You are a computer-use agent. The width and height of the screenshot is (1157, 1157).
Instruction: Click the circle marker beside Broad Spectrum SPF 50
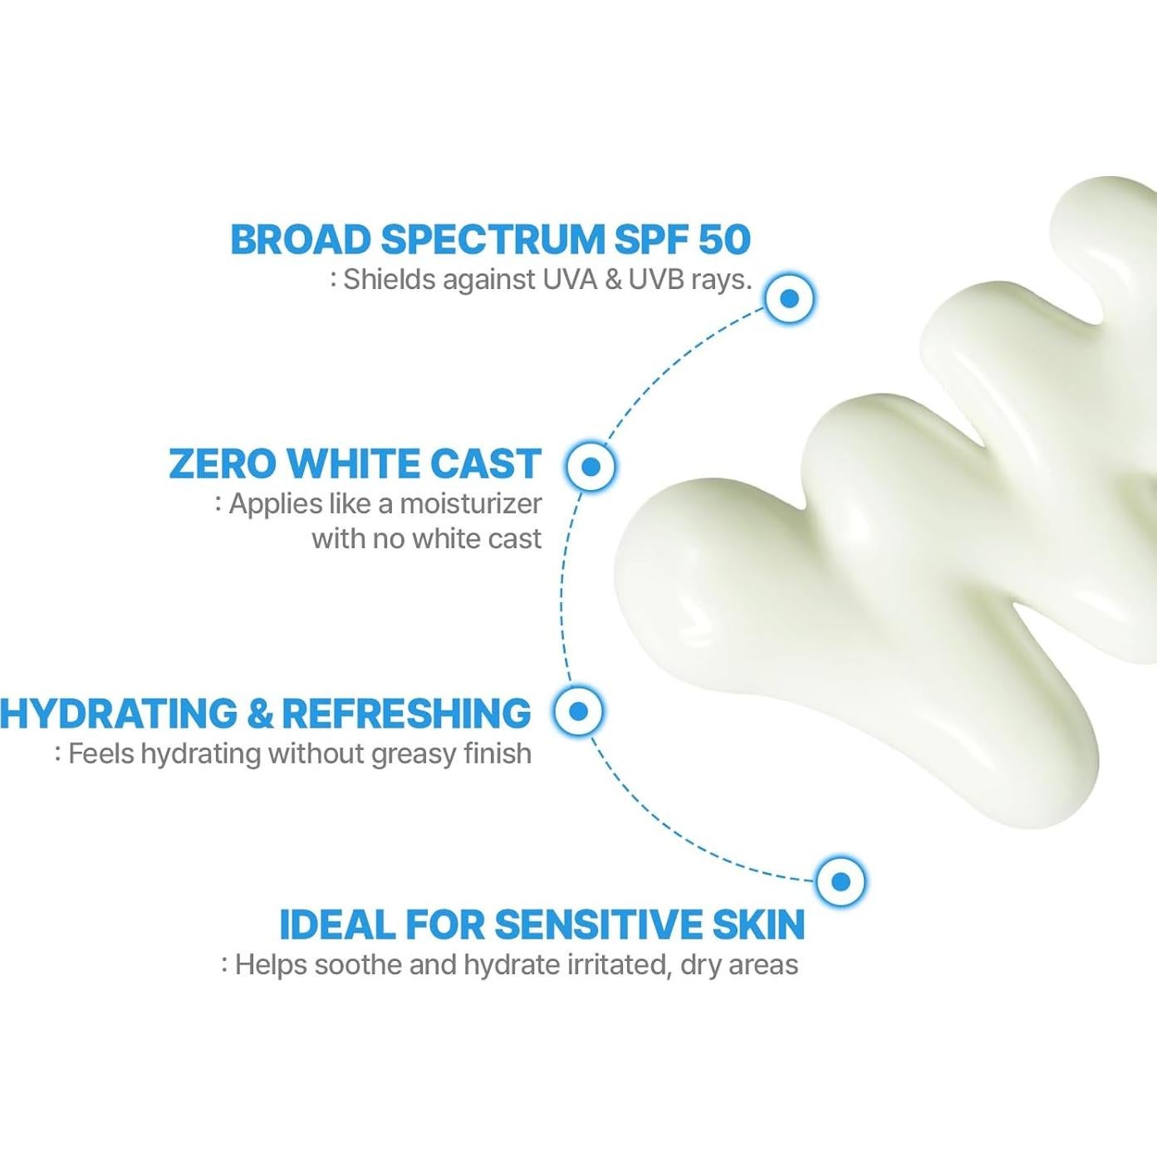[790, 298]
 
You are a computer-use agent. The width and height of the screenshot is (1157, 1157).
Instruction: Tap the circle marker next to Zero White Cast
[591, 466]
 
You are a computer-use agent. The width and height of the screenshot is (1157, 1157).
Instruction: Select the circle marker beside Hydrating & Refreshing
[579, 711]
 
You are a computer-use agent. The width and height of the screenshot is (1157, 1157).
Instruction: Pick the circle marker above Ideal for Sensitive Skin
[841, 881]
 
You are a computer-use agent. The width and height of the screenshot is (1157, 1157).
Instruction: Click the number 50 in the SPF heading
[725, 240]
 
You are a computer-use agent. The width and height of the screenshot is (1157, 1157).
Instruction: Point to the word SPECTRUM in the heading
[493, 240]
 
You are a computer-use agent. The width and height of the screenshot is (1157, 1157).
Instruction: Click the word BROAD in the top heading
[300, 240]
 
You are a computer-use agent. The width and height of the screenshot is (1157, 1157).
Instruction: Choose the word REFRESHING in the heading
[406, 714]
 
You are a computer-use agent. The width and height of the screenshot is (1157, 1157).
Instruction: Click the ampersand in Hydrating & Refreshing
[259, 714]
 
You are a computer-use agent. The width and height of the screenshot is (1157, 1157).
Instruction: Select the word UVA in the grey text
[570, 280]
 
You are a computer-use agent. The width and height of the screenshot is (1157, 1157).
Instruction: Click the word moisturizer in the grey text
[471, 504]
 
